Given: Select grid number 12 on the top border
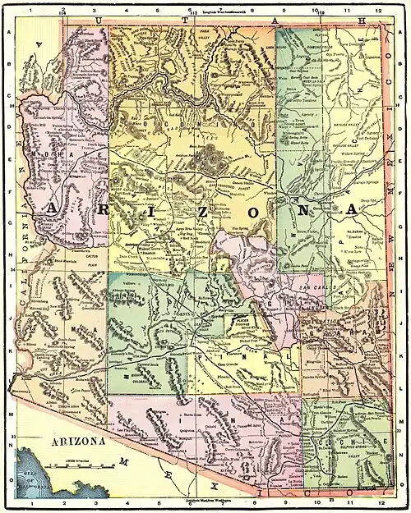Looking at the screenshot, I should coord(379,11).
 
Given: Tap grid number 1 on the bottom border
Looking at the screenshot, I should coord(30,502).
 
